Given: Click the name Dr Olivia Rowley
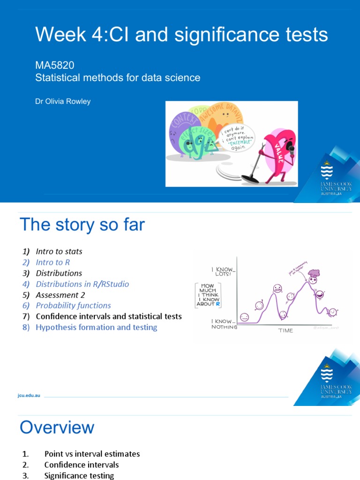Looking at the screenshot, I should [63, 101].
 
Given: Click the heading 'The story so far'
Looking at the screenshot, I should [82, 225].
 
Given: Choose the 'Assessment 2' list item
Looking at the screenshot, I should [57, 295].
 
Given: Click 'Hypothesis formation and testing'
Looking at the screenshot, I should [96, 327].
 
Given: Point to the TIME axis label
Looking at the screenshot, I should [285, 330].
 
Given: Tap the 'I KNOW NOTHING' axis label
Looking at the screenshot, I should [224, 324].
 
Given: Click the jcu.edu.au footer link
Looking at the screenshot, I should [29, 396].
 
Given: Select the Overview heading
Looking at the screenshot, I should [57, 427].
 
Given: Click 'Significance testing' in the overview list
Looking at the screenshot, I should [79, 475].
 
